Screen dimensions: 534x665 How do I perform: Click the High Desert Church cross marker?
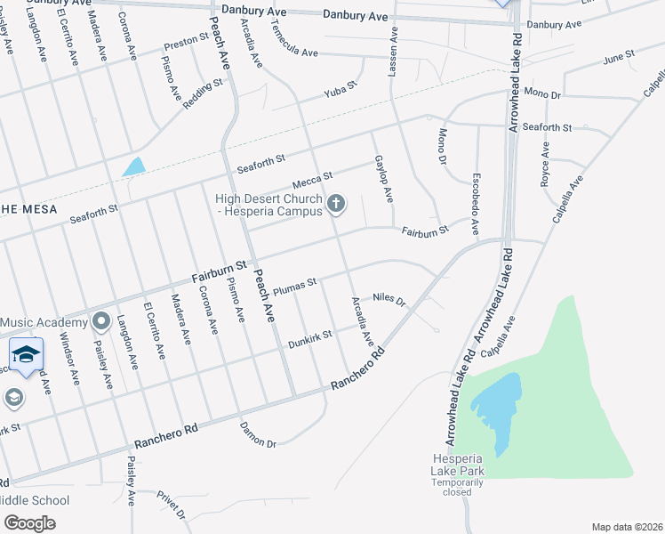(x=336, y=205)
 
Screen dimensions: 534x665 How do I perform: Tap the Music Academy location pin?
(x=100, y=320)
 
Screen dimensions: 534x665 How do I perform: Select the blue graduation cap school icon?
(x=26, y=353)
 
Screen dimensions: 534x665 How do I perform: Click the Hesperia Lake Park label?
(x=450, y=464)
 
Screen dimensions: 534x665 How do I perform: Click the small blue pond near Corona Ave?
(x=133, y=166)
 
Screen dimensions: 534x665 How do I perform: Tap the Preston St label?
(x=186, y=42)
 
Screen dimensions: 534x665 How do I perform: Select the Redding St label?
(x=202, y=94)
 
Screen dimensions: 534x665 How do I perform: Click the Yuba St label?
(x=340, y=87)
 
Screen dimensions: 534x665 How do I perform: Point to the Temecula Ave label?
(x=293, y=53)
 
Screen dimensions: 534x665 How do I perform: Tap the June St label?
(x=618, y=57)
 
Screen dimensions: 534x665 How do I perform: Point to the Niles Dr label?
(x=389, y=299)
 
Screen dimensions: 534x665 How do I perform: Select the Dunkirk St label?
(x=308, y=338)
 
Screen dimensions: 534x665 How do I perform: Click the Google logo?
(x=30, y=522)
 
